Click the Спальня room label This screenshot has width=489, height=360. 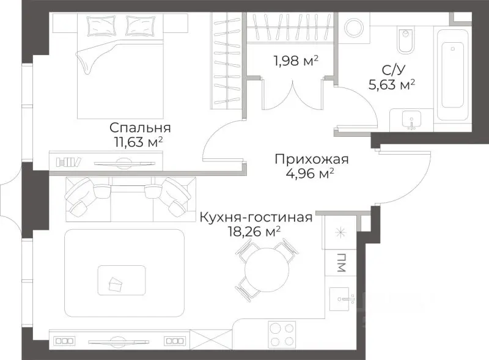[139, 128]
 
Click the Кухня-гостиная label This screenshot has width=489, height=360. [256, 217]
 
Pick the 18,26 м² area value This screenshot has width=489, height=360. [253, 231]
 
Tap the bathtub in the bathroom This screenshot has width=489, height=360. [453, 73]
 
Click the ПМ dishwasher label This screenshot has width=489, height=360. [339, 265]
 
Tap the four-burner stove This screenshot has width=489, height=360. [283, 335]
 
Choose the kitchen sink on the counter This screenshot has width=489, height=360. [344, 300]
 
